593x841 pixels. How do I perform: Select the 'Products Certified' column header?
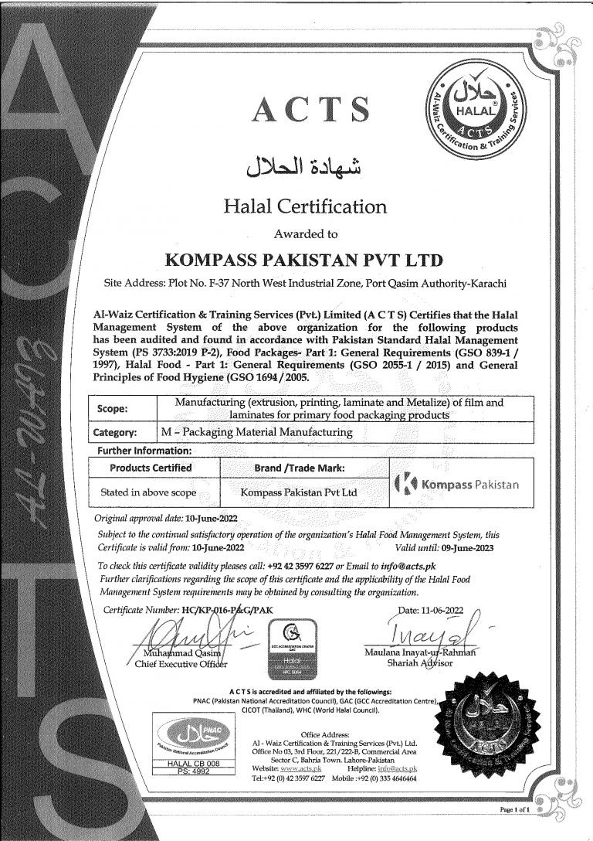151,468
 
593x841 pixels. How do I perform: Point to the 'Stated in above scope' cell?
149,492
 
